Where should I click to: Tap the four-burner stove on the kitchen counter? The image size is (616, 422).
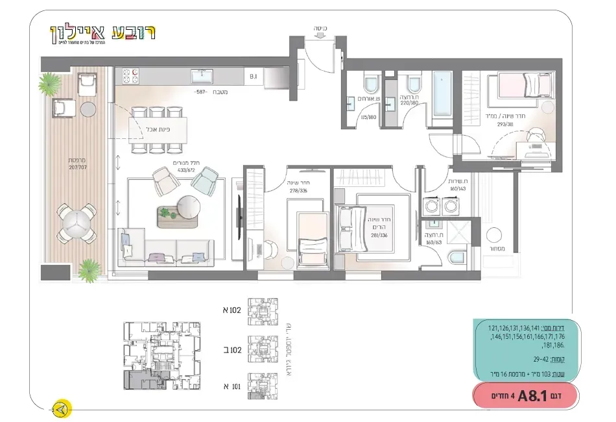(x=128, y=77)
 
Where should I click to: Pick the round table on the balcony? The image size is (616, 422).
(x=76, y=222)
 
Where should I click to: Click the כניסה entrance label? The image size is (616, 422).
(x=319, y=29)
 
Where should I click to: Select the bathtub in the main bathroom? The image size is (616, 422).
(x=442, y=93)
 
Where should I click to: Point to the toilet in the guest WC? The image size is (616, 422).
(x=371, y=84)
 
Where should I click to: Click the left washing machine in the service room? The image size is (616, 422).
(x=431, y=207)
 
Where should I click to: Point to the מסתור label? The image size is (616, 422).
(x=498, y=249)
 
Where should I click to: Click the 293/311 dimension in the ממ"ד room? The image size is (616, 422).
(x=506, y=125)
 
